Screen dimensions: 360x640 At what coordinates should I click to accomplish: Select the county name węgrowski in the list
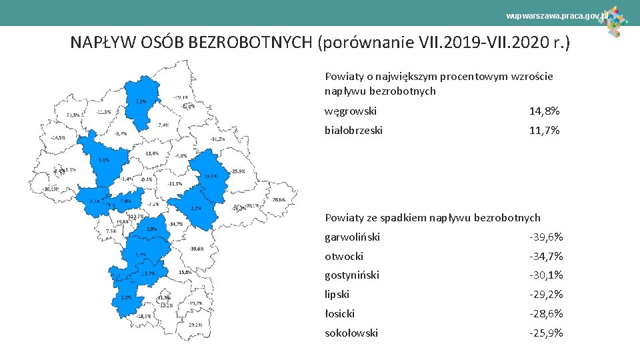[351, 111]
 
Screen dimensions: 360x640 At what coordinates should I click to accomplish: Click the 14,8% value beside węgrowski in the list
[544, 111]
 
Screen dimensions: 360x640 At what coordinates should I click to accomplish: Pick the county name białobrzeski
[353, 130]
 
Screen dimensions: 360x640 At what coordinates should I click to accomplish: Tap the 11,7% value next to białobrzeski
[544, 130]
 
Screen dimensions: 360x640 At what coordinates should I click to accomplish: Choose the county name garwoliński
[352, 237]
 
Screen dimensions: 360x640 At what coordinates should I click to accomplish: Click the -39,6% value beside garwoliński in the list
[546, 237]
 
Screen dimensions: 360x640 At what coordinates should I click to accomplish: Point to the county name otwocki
[344, 256]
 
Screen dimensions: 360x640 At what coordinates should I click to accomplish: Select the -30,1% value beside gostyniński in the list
[546, 275]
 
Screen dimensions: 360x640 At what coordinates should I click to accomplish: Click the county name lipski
[337, 294]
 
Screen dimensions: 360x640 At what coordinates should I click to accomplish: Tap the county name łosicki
[339, 313]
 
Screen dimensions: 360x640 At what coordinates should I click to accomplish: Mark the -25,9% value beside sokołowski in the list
[546, 333]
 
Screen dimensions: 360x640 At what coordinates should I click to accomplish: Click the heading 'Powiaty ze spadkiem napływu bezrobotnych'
[432, 217]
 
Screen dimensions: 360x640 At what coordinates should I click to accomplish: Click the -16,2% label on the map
[217, 139]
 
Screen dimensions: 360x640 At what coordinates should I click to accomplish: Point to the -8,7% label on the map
[121, 133]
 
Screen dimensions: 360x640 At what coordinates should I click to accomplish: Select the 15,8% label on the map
[185, 272]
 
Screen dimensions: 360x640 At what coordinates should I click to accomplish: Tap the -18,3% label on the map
[143, 315]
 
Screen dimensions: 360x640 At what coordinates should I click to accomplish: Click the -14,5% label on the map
[58, 138]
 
